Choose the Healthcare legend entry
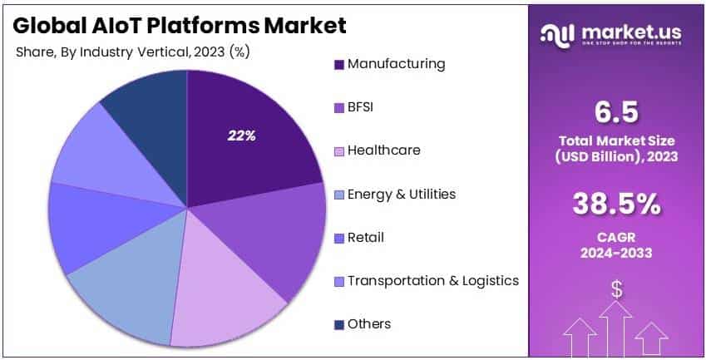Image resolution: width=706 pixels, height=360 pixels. coord(383,150)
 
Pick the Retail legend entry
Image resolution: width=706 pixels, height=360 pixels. coord(366,238)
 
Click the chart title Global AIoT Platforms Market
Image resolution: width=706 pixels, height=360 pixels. coord(180,26)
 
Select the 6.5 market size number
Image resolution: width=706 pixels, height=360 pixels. coord(617,111)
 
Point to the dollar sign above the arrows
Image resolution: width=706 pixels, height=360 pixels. coord(617,289)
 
